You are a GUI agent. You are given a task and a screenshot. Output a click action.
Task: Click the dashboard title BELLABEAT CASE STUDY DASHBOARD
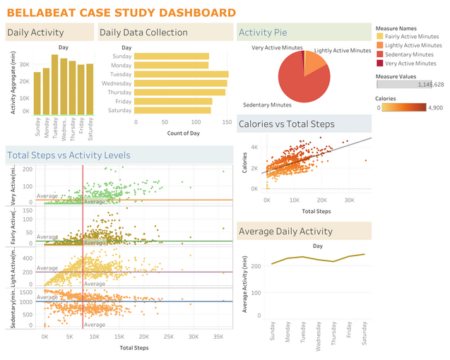coord(122,13)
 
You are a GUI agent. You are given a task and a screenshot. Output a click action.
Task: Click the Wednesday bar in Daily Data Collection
coord(181,83)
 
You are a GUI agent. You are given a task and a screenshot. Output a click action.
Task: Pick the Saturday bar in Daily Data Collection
coord(173,109)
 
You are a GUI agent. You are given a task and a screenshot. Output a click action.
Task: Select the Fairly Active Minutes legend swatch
coord(380,36)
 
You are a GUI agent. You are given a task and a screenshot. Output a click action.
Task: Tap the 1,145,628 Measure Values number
coord(430,84)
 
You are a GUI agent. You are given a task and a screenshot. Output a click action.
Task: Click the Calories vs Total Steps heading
coord(287,124)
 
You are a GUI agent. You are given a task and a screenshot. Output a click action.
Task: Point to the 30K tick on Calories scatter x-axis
coord(349,200)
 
